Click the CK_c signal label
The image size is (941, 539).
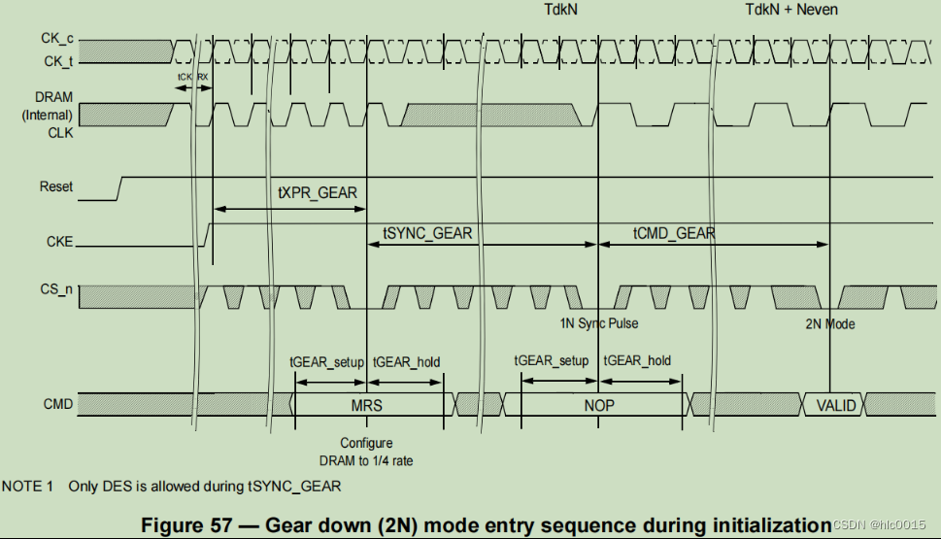tap(56, 40)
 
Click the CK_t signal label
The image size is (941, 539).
tap(56, 60)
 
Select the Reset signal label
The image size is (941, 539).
tap(56, 185)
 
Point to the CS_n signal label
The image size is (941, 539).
tap(57, 289)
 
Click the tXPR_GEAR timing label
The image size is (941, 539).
tap(317, 192)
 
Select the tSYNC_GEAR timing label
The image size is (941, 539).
tap(428, 233)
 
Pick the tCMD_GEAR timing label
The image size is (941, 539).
tap(674, 233)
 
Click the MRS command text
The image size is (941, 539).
tap(366, 404)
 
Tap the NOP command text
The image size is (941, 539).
tap(598, 404)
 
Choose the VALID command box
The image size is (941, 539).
tap(834, 404)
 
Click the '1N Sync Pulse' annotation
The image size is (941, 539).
tap(599, 323)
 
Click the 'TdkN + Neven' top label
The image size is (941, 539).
tap(790, 10)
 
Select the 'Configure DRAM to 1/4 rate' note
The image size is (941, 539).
tap(365, 452)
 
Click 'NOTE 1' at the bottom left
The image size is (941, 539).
tap(28, 485)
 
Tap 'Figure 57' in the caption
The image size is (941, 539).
tap(186, 524)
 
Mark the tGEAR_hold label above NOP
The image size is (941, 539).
tap(637, 361)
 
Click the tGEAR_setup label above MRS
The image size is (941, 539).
tap(326, 361)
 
